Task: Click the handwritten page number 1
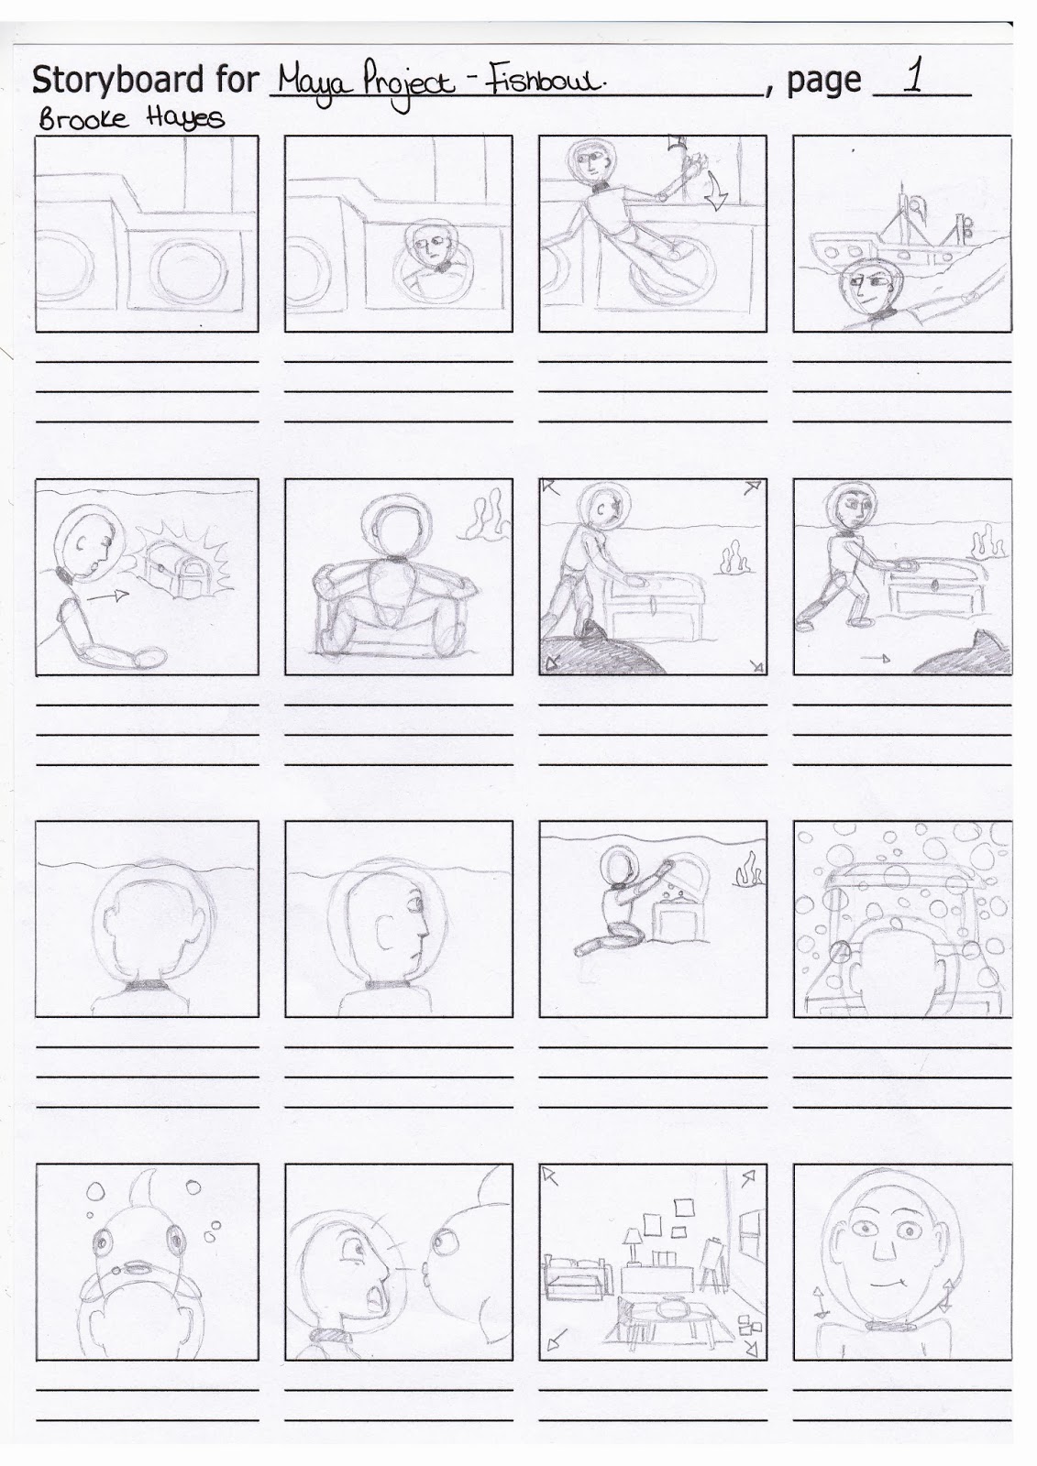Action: pos(912,77)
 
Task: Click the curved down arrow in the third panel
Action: pos(710,191)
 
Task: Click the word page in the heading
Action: pos(823,81)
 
